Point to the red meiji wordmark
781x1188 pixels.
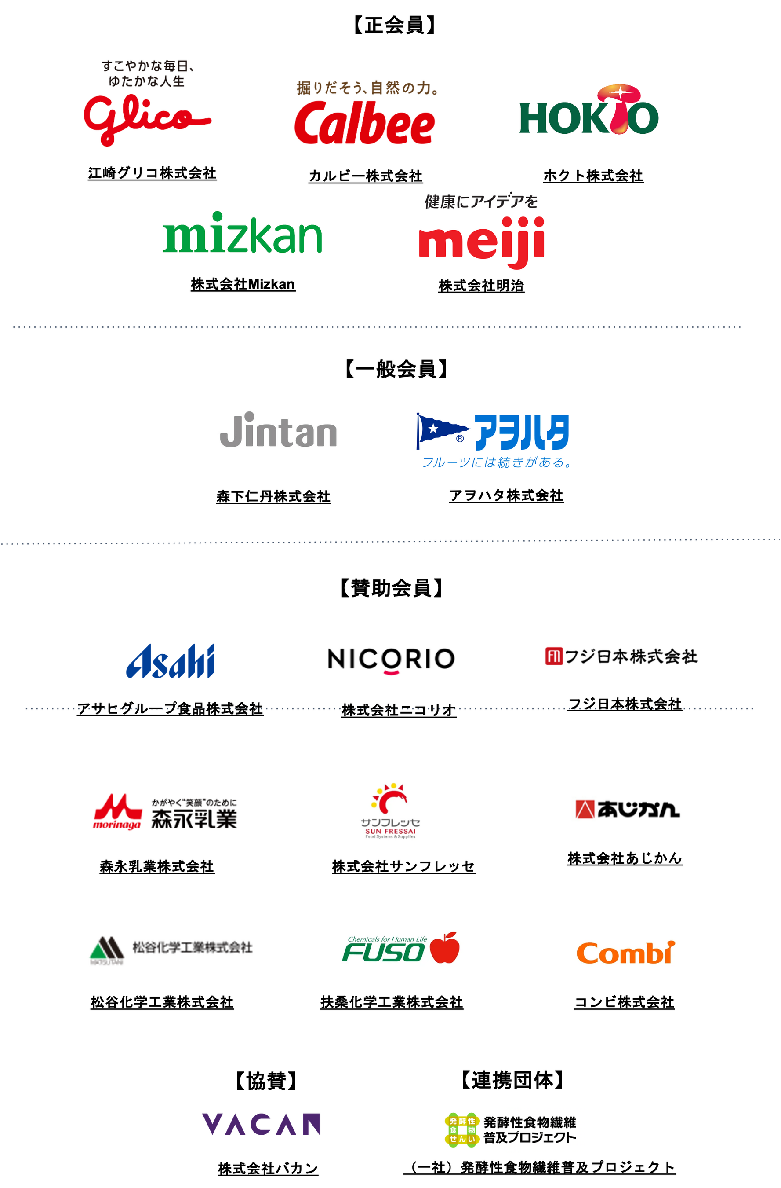(481, 241)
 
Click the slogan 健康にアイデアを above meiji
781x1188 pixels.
(481, 202)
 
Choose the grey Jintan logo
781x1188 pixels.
(278, 431)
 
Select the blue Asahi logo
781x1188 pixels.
(171, 661)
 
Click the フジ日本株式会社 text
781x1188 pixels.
(630, 656)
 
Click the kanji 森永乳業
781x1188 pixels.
(194, 819)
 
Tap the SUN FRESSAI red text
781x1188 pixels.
(390, 831)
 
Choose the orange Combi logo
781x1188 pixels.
(625, 953)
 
